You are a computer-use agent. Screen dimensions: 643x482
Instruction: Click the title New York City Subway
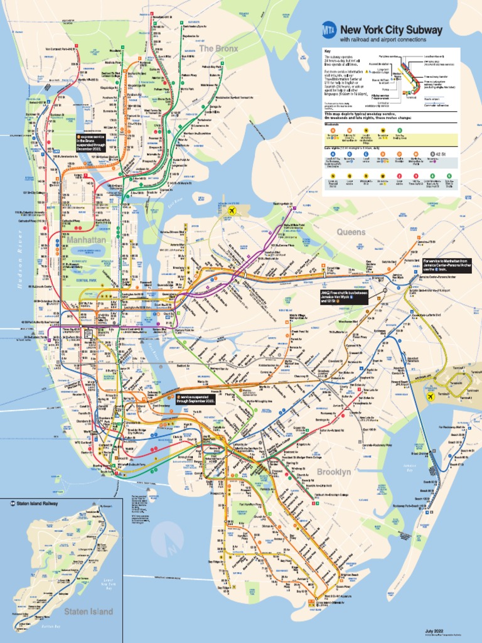click(x=391, y=30)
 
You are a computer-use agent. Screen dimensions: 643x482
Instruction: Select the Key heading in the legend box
click(x=327, y=51)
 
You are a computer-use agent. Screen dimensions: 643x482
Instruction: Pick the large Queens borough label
click(x=351, y=232)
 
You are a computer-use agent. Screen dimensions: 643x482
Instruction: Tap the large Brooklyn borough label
click(x=334, y=471)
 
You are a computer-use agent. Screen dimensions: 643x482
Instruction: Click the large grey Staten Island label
click(x=88, y=611)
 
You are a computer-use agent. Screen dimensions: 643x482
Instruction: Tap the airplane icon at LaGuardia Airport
click(x=233, y=211)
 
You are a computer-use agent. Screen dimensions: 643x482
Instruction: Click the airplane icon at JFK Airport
click(x=431, y=397)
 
